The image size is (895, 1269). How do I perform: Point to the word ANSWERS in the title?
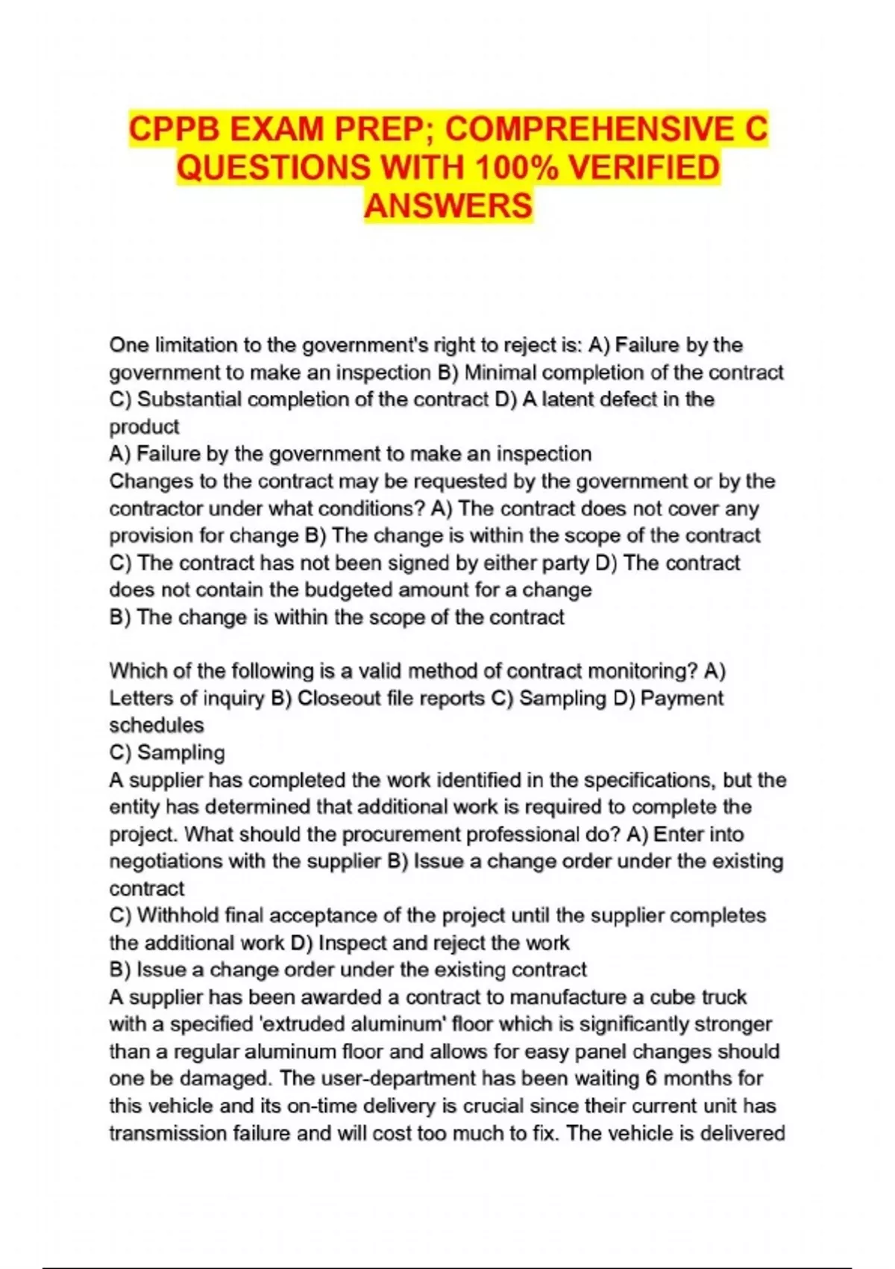[448, 205]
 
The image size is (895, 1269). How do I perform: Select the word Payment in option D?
[682, 698]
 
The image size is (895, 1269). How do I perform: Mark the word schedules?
[157, 725]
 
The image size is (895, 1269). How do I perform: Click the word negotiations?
[166, 861]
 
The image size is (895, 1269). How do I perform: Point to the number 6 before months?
[651, 1078]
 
